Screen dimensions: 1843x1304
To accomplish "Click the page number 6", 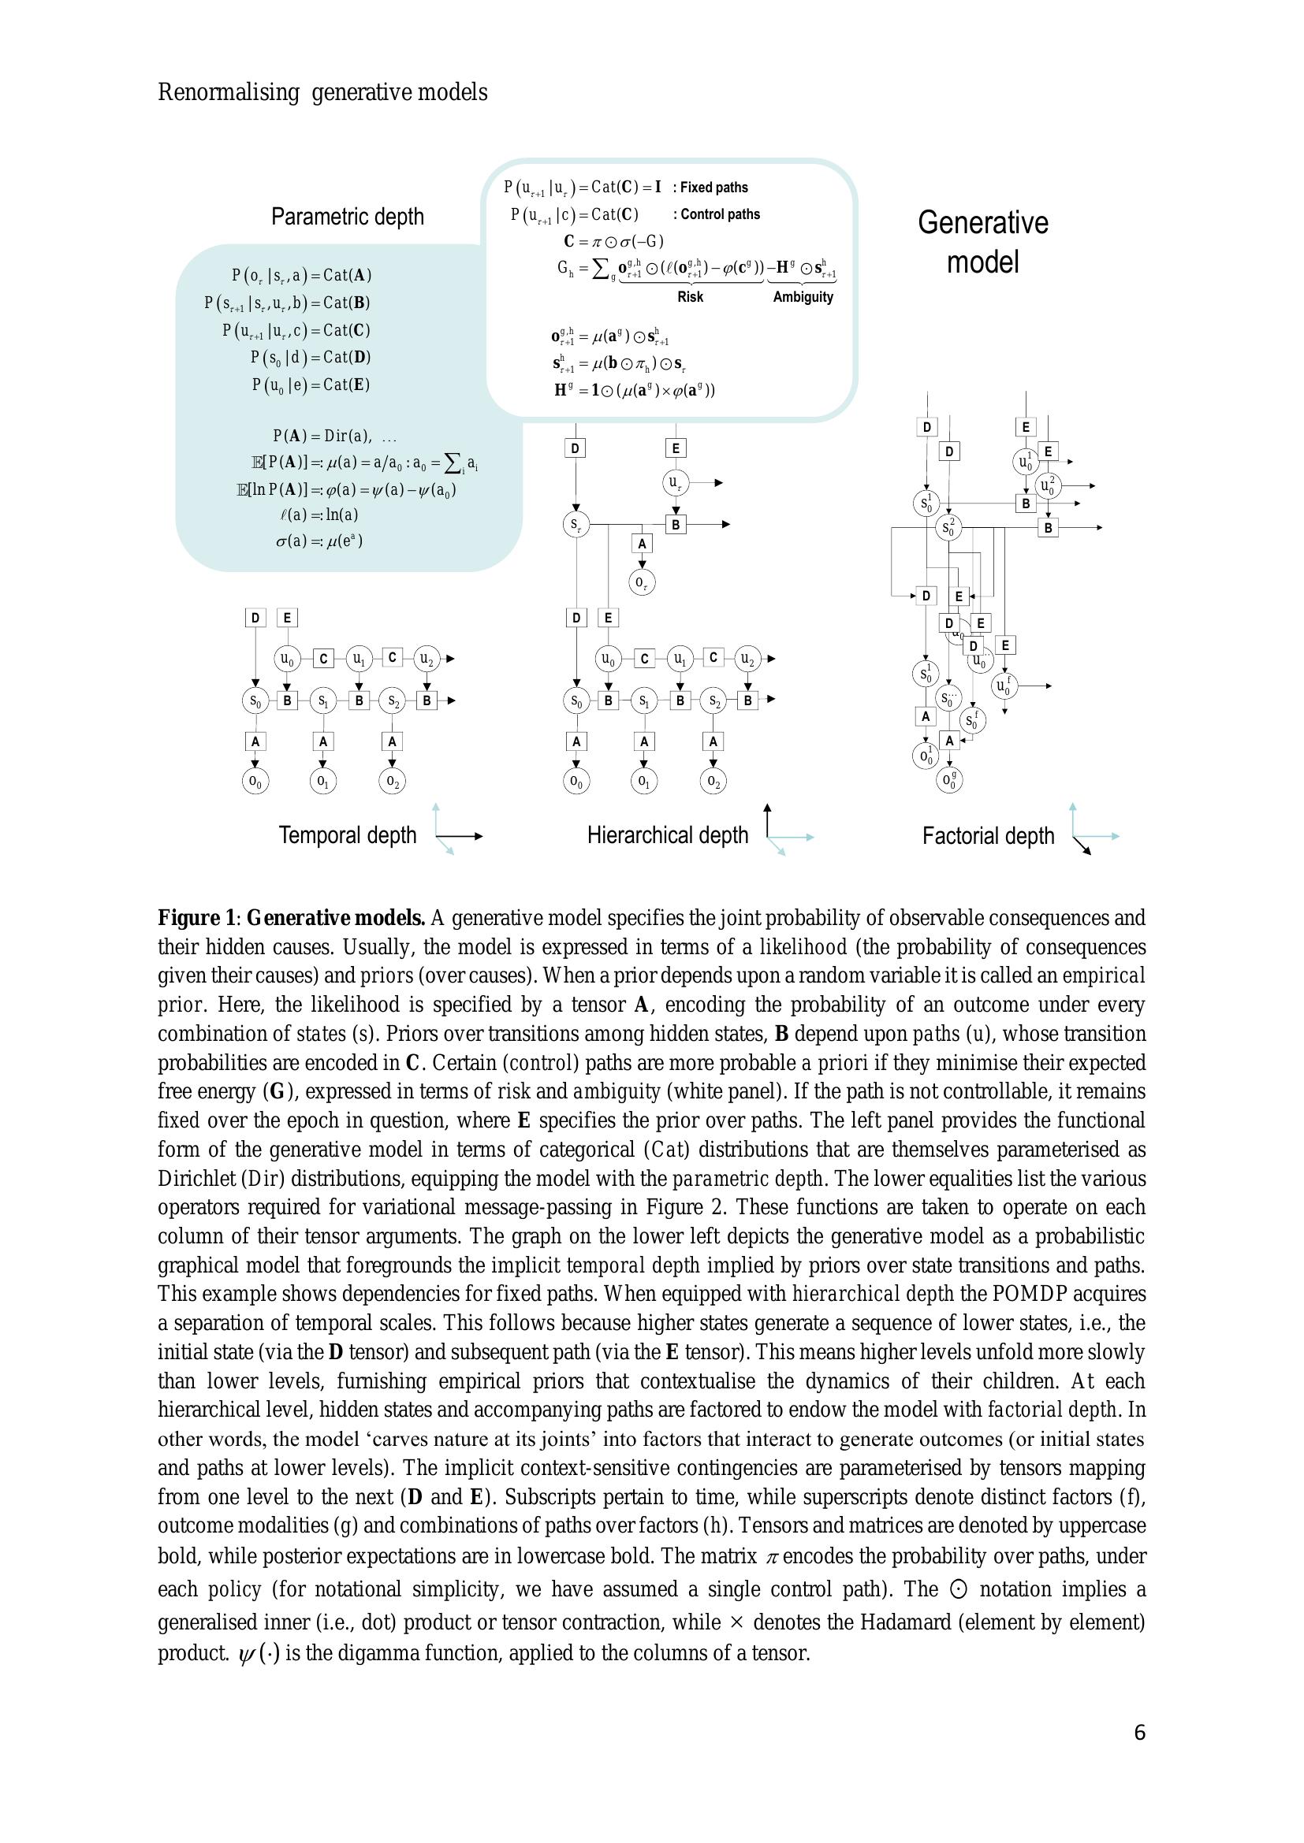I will (x=1139, y=1755).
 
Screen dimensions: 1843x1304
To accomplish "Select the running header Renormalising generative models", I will (x=322, y=93).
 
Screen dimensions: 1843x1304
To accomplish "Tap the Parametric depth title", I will (x=347, y=217).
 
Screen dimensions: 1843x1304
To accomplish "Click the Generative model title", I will (x=983, y=243).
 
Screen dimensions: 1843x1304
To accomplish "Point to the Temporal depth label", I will (x=347, y=835).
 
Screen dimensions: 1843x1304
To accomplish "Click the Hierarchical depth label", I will (x=667, y=835).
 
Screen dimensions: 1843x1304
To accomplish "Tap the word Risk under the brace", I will (x=690, y=297).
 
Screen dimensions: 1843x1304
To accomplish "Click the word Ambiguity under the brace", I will (x=803, y=297).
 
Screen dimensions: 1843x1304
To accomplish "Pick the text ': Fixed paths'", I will (x=710, y=188).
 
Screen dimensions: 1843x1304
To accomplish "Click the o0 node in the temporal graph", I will (x=255, y=780).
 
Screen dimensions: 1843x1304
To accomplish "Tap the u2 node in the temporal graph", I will (x=427, y=659).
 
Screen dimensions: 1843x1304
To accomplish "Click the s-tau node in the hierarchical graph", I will (x=575, y=525).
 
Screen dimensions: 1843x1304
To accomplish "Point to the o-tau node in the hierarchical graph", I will (x=641, y=583).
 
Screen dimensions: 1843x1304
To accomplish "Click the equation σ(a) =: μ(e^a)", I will (x=319, y=541).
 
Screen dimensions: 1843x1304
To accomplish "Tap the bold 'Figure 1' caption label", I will (x=195, y=917).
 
